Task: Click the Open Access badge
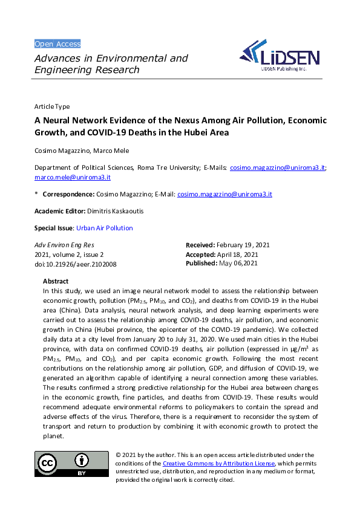pos(57,44)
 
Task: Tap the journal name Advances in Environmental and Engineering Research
pos(111,64)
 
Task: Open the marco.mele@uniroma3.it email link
pos(72,178)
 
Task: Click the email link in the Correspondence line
pos(224,194)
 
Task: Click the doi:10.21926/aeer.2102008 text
pos(75,264)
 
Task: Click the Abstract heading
pos(56,281)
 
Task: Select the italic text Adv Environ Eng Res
pos(64,245)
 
